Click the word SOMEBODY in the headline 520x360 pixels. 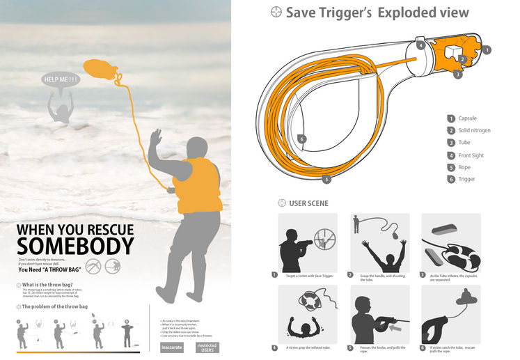pos(75,246)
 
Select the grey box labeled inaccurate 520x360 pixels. pos(172,346)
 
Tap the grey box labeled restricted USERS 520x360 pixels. pos(207,346)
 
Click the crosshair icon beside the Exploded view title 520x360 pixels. pos(276,13)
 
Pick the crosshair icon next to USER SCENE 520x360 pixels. pos(282,203)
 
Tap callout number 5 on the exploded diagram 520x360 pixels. pos(327,179)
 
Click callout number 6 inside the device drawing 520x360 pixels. pos(301,139)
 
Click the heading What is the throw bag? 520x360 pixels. pos(49,285)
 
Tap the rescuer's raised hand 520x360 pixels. pos(155,136)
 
